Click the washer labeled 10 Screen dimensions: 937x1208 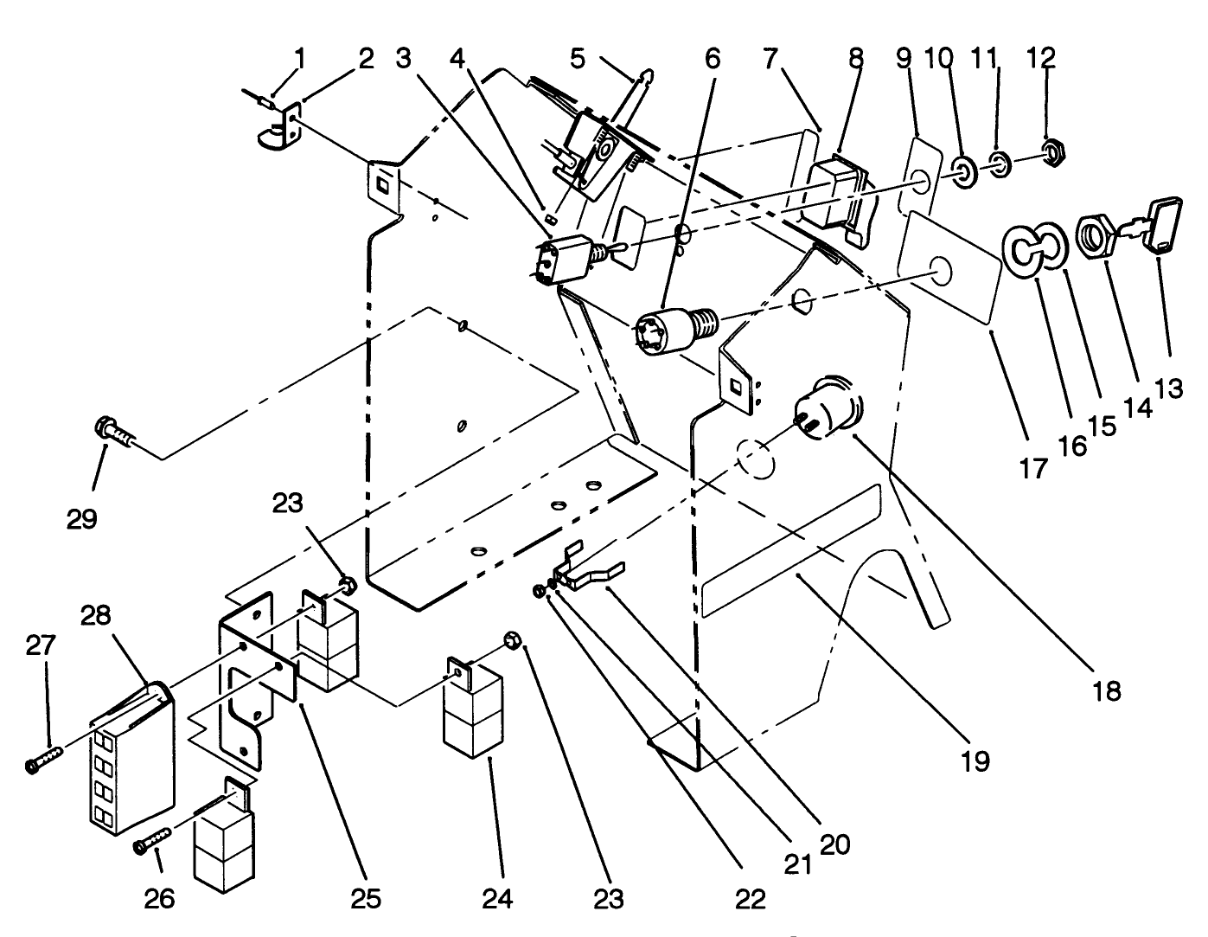pos(964,170)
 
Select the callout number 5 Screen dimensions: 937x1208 pos(578,59)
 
